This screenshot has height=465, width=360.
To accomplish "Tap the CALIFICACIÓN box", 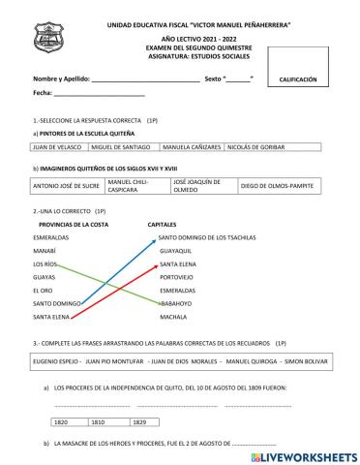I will [298, 80].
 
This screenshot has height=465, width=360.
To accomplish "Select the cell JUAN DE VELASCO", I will [58, 148].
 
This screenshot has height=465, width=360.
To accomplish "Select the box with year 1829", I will [141, 422].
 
